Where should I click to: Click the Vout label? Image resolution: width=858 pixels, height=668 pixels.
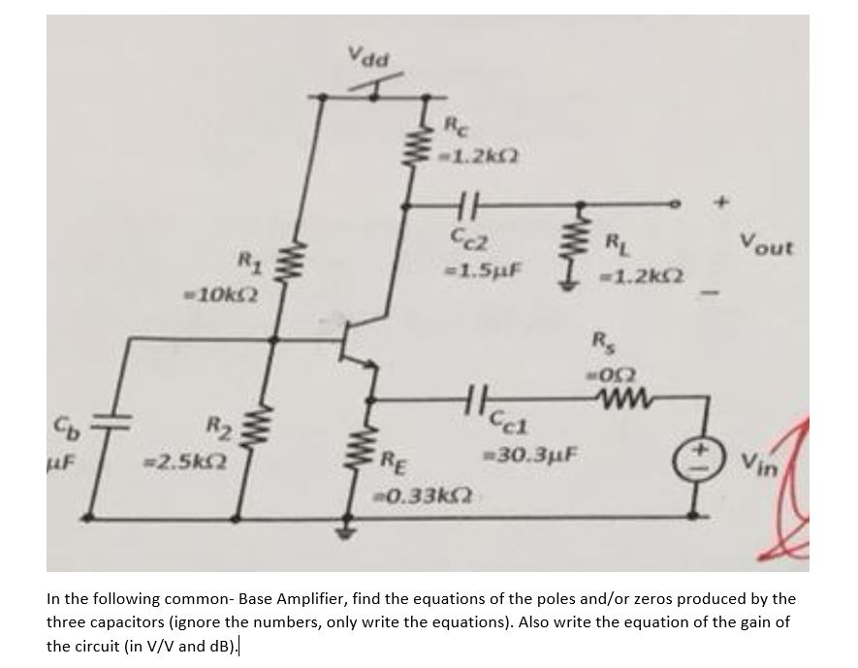tap(765, 245)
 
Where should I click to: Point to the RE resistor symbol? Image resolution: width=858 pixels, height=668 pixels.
tap(354, 452)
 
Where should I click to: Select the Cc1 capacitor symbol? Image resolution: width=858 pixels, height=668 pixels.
tap(476, 398)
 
